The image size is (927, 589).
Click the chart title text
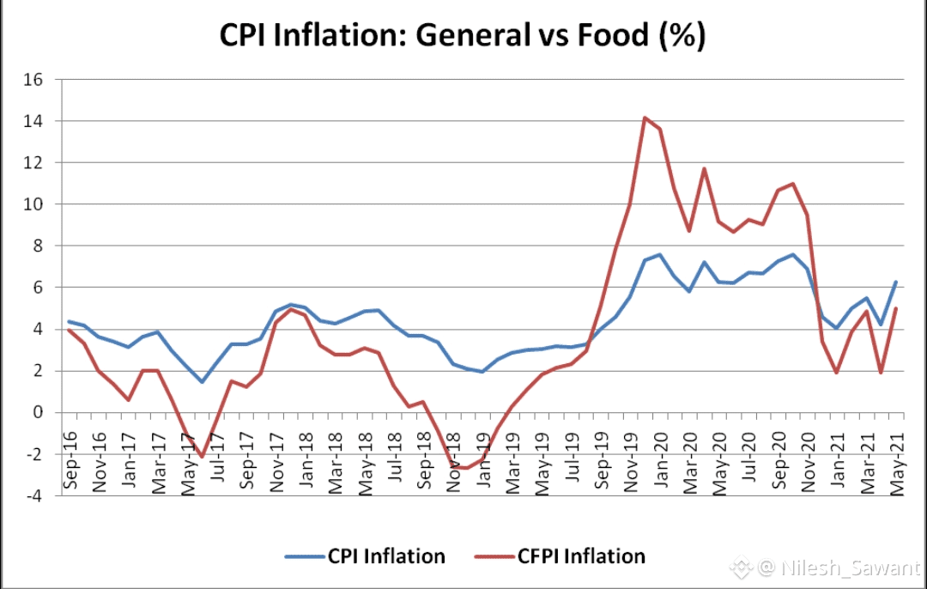[x=463, y=36]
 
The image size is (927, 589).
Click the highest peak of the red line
[x=645, y=118]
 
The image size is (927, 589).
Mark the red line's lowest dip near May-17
[x=202, y=457]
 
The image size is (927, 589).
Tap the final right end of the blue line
[x=896, y=282]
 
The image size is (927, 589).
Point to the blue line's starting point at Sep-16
[x=69, y=321]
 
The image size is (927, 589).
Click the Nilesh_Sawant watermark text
[x=837, y=567]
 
